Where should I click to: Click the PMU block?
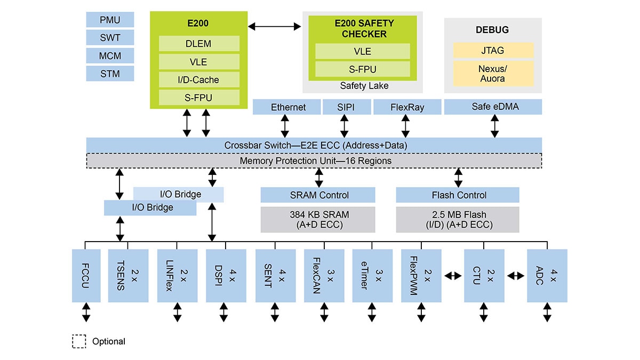click(110, 20)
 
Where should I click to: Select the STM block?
click(110, 73)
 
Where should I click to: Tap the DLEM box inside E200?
click(198, 44)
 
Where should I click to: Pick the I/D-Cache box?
click(198, 80)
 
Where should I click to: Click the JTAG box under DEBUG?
click(493, 51)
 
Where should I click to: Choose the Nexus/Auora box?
click(493, 73)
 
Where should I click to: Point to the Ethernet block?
click(288, 107)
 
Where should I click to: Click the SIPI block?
click(346, 107)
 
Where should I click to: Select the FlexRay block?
click(407, 107)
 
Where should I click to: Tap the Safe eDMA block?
click(492, 107)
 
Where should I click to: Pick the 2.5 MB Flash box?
click(458, 219)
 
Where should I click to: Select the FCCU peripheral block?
click(86, 275)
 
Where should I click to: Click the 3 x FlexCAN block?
click(324, 275)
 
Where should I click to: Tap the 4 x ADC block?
click(547, 275)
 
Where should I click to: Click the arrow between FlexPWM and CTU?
click(452, 275)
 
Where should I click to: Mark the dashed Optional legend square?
click(79, 341)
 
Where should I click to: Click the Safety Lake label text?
click(364, 85)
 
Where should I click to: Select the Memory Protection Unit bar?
click(315, 161)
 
